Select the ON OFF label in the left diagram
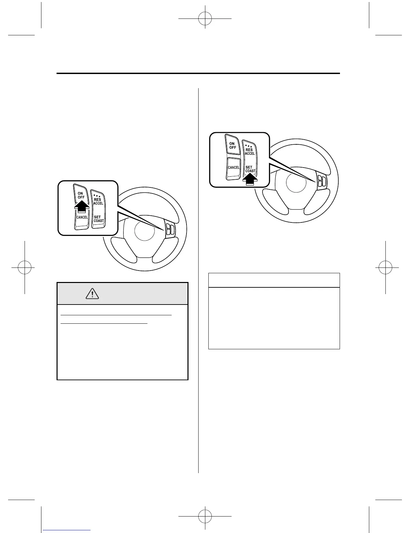[x=81, y=195]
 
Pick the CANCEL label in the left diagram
[x=82, y=217]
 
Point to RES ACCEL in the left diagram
[x=98, y=202]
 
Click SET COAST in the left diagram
[x=99, y=219]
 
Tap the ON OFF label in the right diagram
[x=233, y=146]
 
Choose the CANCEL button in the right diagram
[x=234, y=167]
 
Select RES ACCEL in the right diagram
[x=250, y=151]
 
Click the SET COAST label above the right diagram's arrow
[x=250, y=169]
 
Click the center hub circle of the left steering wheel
[x=144, y=231]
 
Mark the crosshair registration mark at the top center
[x=205, y=19]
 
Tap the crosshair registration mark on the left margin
[x=25, y=268]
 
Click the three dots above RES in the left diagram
[x=97, y=195]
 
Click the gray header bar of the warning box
[x=123, y=294]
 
